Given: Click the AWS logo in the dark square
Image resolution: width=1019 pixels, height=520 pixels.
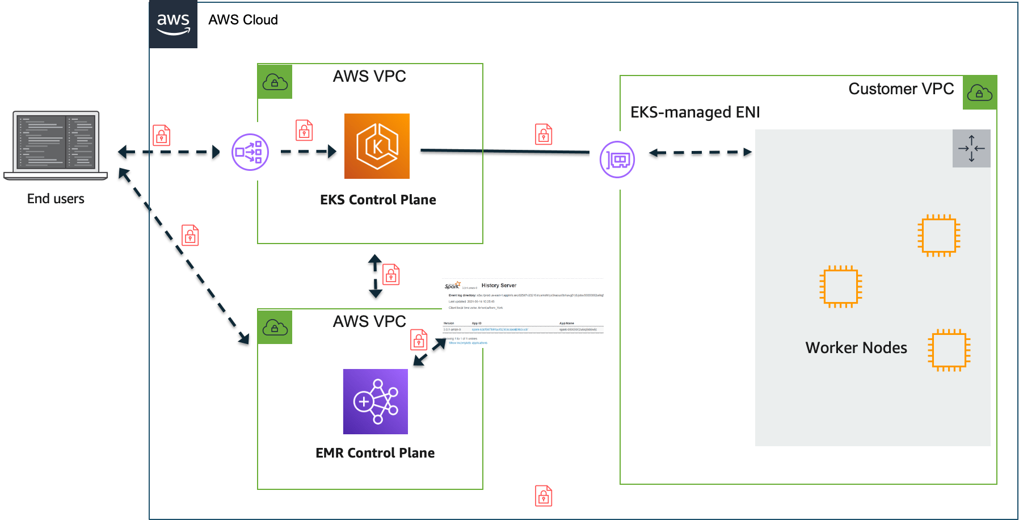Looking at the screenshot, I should (x=173, y=24).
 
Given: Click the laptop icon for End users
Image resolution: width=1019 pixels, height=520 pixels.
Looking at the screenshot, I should (x=56, y=145).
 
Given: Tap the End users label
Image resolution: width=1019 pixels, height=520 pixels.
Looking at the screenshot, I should (x=56, y=199).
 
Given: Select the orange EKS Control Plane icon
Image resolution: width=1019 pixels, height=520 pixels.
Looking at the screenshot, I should (x=377, y=146).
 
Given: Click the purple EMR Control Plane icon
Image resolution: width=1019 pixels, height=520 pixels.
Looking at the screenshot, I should (x=375, y=401).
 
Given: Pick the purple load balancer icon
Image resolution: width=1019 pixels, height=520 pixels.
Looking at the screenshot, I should (x=250, y=152).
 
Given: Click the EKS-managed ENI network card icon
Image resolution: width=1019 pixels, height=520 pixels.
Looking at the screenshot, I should (x=618, y=160).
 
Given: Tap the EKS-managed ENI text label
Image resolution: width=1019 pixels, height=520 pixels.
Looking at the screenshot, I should (x=694, y=112).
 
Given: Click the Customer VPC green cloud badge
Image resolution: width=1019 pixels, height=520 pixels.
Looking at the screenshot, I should (x=979, y=93).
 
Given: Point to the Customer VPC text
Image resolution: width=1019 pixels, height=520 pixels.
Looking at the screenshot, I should (x=900, y=89).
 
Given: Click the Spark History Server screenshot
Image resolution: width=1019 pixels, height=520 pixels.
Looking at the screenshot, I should (x=523, y=312).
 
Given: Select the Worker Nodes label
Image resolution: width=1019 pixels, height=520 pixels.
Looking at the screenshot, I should (x=856, y=347).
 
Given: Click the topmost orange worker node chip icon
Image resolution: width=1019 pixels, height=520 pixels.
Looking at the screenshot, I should (x=938, y=235).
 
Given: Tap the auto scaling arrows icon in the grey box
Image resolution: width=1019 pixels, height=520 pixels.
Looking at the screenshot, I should (x=971, y=148).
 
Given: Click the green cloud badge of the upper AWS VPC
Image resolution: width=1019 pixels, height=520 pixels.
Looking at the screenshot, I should (x=275, y=82).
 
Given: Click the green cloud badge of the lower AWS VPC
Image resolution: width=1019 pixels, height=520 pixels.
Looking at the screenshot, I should (x=275, y=328).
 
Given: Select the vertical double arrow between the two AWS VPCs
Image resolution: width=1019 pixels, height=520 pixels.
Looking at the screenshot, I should (x=375, y=277).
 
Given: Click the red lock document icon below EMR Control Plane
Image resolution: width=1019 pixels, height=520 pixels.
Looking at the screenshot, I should (x=544, y=496).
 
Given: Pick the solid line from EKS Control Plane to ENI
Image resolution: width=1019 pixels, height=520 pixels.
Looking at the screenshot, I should (x=505, y=152).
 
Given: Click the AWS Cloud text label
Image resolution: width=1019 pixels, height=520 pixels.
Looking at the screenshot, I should (x=243, y=20).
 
